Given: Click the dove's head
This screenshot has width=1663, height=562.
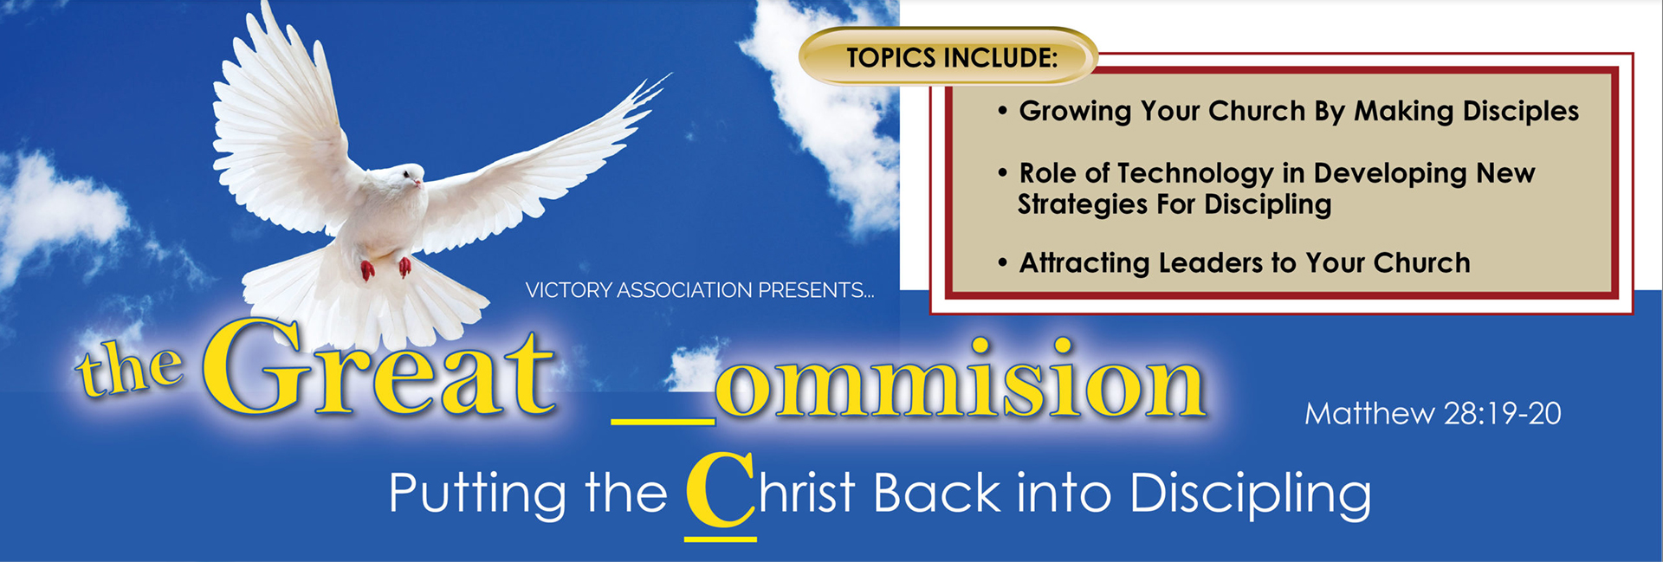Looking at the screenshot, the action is [404, 178].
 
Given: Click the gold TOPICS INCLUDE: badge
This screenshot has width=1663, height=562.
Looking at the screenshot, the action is [949, 57].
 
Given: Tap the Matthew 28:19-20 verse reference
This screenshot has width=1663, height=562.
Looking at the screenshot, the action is [1433, 414].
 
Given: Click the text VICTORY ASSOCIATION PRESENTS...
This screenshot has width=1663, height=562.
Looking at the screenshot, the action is [700, 290].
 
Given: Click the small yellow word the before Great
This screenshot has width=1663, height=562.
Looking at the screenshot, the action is [130, 368].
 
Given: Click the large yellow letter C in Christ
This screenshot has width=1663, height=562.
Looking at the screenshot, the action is [721, 489].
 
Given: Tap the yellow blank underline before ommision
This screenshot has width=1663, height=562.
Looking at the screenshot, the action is [663, 422].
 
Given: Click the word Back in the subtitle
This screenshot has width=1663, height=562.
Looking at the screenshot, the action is [937, 494].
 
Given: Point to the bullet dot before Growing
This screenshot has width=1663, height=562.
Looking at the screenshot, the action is [1002, 112].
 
